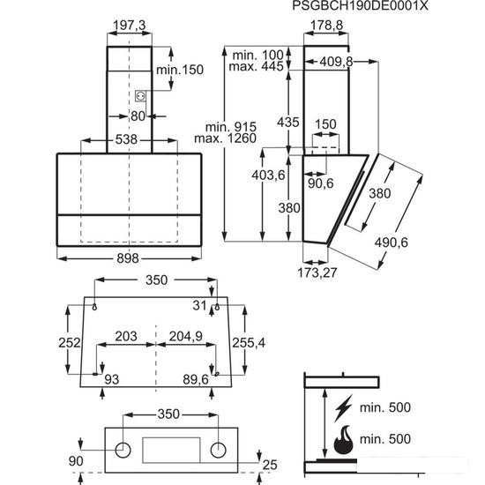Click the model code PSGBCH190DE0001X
(x=360, y=5)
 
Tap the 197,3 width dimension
(x=130, y=26)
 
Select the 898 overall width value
(x=128, y=258)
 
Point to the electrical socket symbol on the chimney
(x=140, y=96)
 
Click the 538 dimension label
(x=126, y=139)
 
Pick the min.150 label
(x=180, y=70)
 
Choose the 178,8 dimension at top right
(x=326, y=26)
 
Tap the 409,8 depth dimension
(x=336, y=62)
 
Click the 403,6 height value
(x=268, y=175)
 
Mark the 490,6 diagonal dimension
(x=392, y=242)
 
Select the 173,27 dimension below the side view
(x=317, y=272)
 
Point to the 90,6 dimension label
(x=321, y=183)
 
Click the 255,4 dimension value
(x=249, y=343)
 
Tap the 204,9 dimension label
(x=186, y=336)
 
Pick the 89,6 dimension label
(x=196, y=379)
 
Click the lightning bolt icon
(x=343, y=408)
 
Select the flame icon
(x=344, y=439)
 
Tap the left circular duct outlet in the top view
(x=123, y=450)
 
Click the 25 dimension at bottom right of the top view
(x=270, y=465)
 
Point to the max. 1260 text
(x=225, y=138)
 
